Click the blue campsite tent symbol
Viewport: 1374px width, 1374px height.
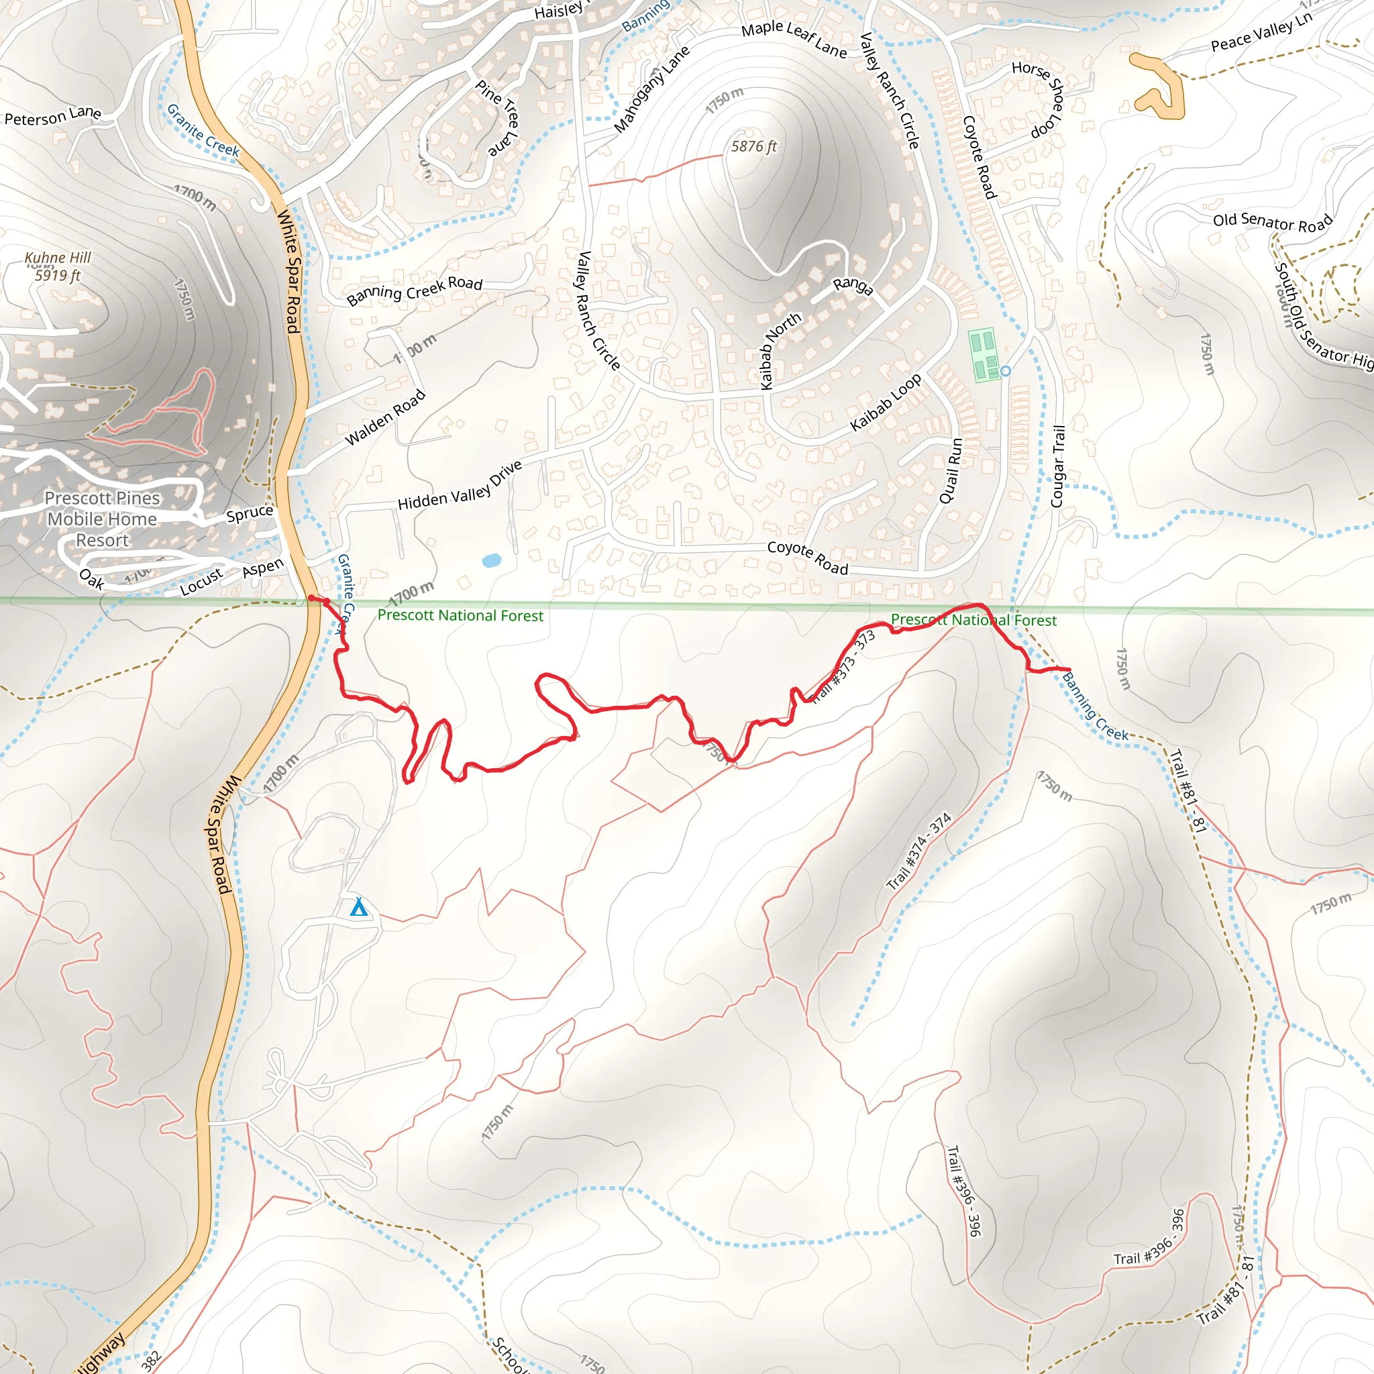click(x=359, y=908)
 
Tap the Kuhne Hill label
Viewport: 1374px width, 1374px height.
click(x=58, y=258)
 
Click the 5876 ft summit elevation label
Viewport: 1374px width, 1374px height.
click(x=754, y=146)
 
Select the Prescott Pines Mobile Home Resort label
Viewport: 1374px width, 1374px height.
click(x=103, y=519)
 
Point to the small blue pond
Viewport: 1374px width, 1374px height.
click(x=491, y=560)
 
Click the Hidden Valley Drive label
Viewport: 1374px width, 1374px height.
click(x=460, y=486)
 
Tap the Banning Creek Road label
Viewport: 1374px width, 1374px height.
click(x=415, y=289)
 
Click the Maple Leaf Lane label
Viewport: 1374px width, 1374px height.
click(x=794, y=39)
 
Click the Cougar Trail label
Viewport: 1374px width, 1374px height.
click(x=1058, y=466)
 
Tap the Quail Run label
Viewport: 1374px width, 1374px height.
click(x=951, y=471)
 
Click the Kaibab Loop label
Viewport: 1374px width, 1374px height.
click(x=886, y=402)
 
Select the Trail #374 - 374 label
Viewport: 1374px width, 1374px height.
click(x=919, y=851)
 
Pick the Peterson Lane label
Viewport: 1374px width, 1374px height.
click(x=52, y=116)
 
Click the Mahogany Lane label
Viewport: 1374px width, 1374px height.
click(x=651, y=90)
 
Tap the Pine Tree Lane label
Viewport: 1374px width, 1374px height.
click(x=501, y=117)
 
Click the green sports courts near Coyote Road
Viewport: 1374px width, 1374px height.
click(x=984, y=354)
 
